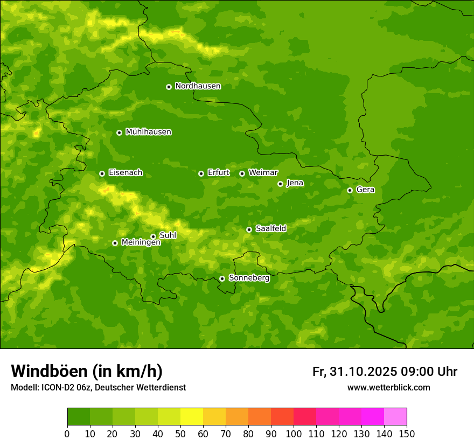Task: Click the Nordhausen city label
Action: (x=198, y=86)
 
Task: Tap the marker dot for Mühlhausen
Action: (x=119, y=132)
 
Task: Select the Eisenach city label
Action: (x=126, y=173)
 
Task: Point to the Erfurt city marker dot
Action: (x=201, y=173)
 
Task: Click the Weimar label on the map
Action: (x=263, y=173)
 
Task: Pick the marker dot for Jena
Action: (x=280, y=184)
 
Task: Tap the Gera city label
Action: (x=365, y=190)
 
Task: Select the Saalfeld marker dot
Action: (x=249, y=229)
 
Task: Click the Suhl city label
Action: (x=168, y=235)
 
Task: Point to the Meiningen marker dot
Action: (x=115, y=243)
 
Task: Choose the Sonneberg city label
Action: (x=249, y=278)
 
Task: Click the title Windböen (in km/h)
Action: (x=87, y=371)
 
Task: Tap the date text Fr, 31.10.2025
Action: (x=354, y=372)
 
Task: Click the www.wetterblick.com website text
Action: (x=388, y=387)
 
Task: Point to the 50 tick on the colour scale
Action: (x=180, y=434)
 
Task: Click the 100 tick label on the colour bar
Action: (x=294, y=434)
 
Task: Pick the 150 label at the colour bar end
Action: (x=407, y=434)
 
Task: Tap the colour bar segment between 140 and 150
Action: (x=395, y=417)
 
